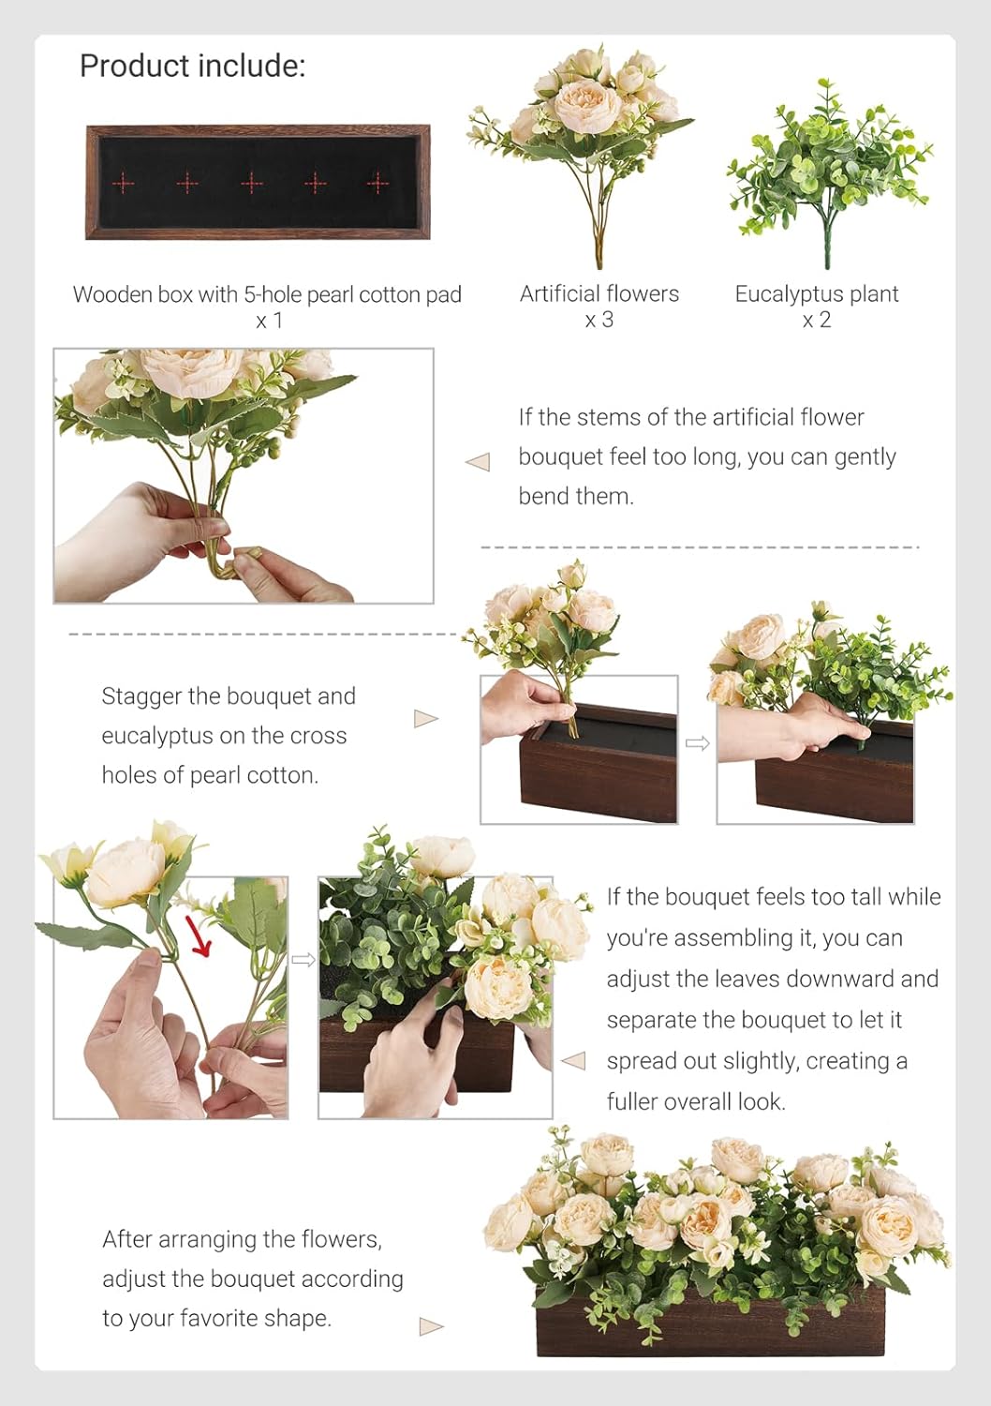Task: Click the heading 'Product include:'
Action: [193, 66]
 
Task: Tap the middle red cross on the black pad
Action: [252, 183]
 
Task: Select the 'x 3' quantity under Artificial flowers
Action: [599, 321]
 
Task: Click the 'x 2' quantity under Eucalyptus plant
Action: [817, 321]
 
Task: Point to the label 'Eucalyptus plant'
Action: [817, 293]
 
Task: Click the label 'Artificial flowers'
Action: [599, 293]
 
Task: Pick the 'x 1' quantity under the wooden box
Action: [269, 321]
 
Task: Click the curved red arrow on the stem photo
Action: [200, 936]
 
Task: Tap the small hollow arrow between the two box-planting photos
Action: [697, 744]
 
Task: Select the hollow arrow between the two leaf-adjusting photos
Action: [303, 960]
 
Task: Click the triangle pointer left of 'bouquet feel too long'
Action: [478, 462]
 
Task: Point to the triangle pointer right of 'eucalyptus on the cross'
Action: [426, 719]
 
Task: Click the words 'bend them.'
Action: [576, 497]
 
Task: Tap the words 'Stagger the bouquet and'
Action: [229, 696]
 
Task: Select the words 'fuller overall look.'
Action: [696, 1101]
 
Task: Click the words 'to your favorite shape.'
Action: [217, 1318]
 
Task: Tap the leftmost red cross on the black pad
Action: [124, 184]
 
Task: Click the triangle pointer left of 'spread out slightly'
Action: [572, 1061]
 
